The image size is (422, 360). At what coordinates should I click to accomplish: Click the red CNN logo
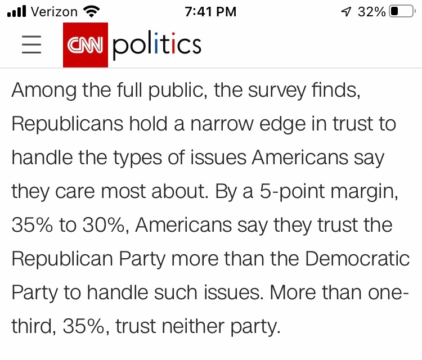click(x=85, y=45)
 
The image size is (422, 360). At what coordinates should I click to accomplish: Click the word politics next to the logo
click(x=157, y=45)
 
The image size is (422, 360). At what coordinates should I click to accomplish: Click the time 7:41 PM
click(x=210, y=11)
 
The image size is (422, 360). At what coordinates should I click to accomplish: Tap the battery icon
click(x=401, y=11)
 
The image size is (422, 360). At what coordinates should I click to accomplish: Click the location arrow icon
click(x=345, y=11)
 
